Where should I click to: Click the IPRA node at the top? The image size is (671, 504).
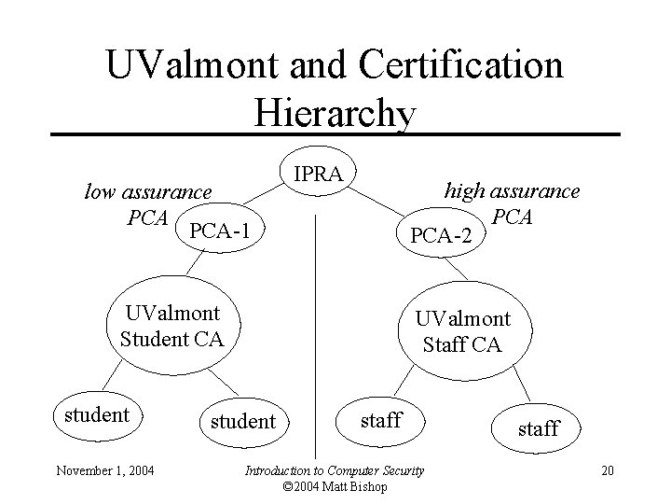(319, 173)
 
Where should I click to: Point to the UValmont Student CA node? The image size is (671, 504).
(172, 324)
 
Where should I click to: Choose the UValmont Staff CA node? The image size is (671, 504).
(462, 331)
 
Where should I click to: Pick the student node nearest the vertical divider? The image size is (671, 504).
(243, 421)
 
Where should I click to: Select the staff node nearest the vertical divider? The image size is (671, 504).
(380, 419)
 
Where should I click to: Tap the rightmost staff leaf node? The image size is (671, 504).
(538, 427)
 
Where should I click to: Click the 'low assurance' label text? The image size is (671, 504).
(148, 192)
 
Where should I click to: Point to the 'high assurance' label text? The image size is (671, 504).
(512, 191)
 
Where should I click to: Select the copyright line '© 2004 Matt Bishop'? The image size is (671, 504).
(334, 485)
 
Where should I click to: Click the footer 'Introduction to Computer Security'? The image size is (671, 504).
(334, 469)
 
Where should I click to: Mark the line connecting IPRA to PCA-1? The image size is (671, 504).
(267, 194)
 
